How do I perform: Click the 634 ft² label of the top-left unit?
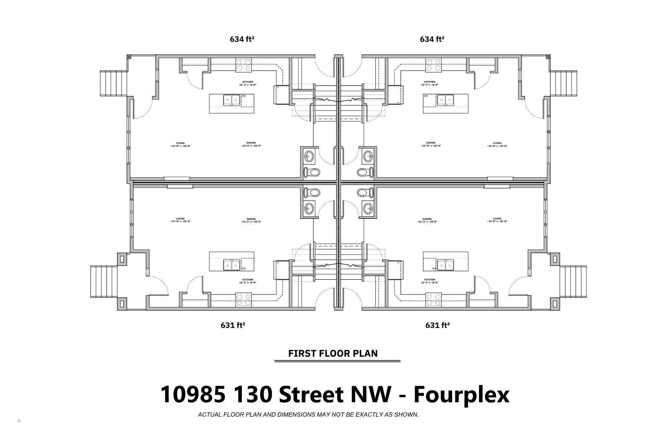242,39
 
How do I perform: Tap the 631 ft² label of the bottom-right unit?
437,325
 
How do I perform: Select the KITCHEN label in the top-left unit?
248,82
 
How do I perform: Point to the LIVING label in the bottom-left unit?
180,219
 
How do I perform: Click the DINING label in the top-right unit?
431,143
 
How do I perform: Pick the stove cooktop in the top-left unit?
244,65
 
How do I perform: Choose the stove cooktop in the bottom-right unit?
433,300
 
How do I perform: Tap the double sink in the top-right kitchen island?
445,100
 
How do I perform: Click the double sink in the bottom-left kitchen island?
231,265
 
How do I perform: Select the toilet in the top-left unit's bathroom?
312,173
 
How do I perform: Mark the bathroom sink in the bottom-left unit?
309,208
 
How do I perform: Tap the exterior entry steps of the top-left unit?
113,84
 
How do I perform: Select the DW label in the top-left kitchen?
244,96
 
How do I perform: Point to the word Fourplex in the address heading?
461,394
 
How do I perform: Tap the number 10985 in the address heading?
193,394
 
